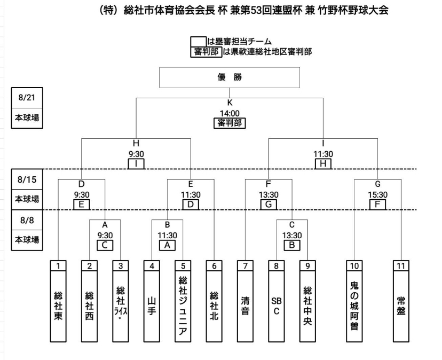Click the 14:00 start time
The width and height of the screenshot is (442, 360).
click(229, 113)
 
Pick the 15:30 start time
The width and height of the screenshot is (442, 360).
click(378, 195)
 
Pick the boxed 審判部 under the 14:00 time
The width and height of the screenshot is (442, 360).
click(229, 123)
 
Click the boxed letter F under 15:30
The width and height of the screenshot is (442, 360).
click(378, 204)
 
